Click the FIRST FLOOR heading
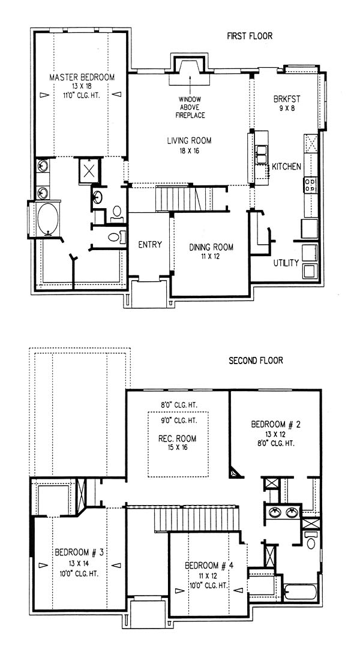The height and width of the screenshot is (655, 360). (x=250, y=36)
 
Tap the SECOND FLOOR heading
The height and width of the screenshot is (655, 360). (x=256, y=360)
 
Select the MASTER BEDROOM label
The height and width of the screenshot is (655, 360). (x=82, y=77)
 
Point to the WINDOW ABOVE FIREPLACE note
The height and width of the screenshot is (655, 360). (x=190, y=107)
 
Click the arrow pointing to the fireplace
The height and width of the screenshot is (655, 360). (x=190, y=85)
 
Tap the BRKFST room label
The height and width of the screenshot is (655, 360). (x=287, y=100)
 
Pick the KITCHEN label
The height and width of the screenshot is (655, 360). (x=286, y=167)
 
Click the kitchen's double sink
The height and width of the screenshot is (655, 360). (x=262, y=154)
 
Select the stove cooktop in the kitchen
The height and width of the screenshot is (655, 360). (x=310, y=185)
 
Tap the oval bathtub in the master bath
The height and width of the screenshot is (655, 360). (x=48, y=218)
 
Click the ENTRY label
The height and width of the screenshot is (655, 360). (x=150, y=245)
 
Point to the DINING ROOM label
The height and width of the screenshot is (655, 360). (x=211, y=247)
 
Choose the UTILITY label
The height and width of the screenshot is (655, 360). (x=286, y=263)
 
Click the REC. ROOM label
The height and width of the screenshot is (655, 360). (x=178, y=439)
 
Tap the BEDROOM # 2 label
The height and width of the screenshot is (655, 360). (x=276, y=425)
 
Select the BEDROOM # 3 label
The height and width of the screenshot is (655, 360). (x=79, y=553)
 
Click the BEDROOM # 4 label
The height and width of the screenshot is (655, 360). (x=209, y=566)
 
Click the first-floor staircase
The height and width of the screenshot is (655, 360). (x=184, y=199)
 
